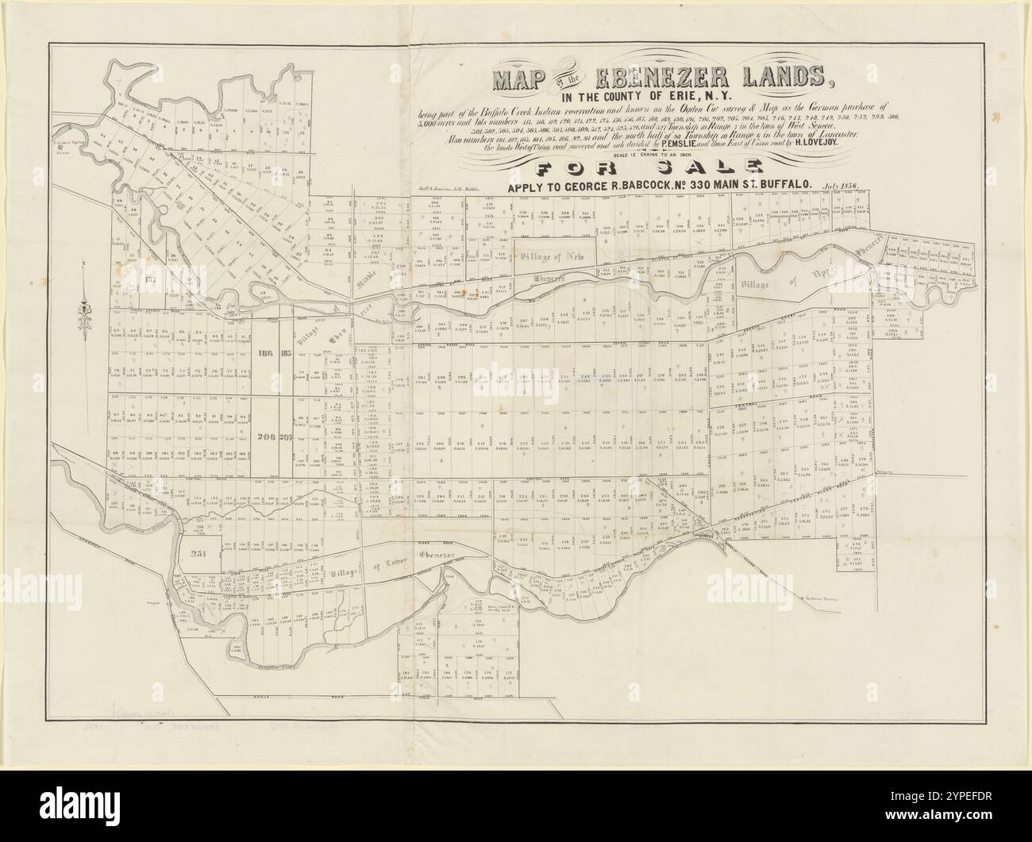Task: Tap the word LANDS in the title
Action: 783,79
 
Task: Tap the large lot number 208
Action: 266,437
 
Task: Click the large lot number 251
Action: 198,555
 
